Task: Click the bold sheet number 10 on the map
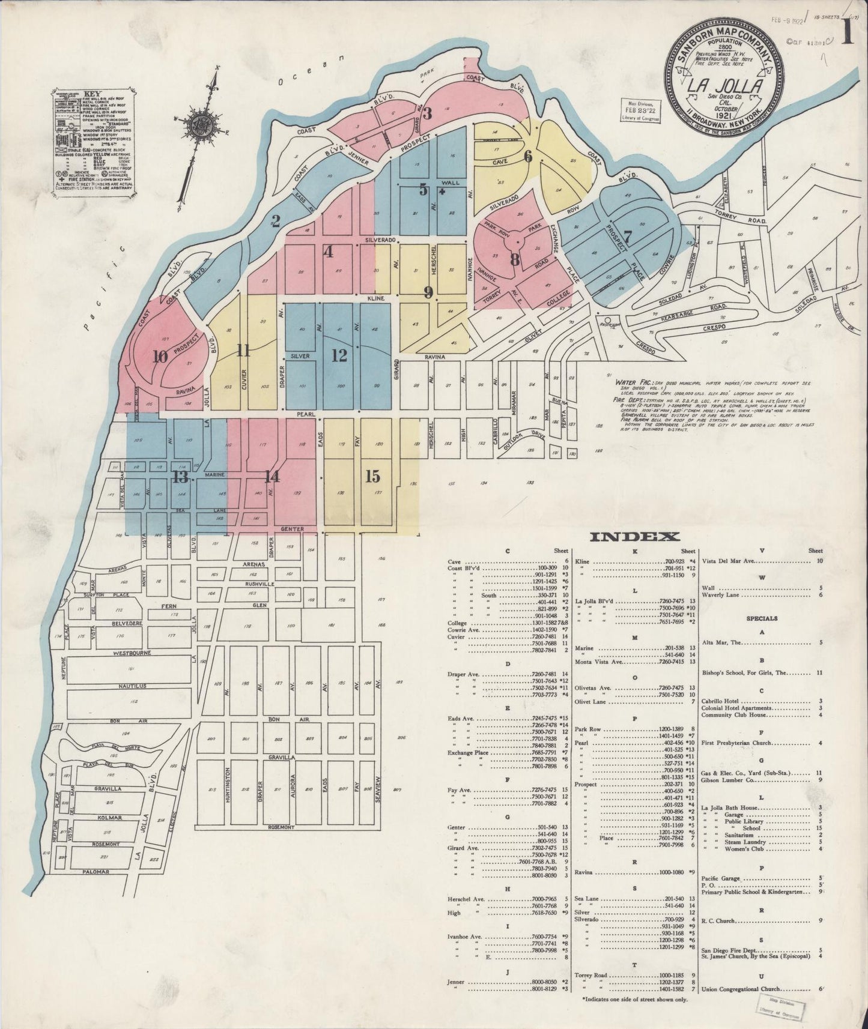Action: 160,357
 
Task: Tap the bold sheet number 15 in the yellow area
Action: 373,476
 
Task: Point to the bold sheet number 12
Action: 339,355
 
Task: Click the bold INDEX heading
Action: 634,537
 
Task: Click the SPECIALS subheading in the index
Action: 762,618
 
